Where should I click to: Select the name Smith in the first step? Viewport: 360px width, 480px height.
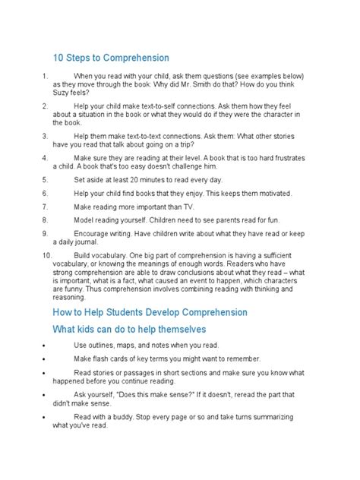[182, 85]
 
